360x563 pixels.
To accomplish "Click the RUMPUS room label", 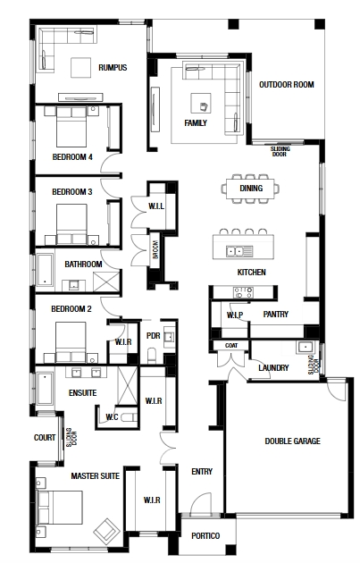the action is [x=113, y=68].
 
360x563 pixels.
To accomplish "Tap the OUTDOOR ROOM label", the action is [x=287, y=85].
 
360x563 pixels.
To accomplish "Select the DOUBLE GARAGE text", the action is [x=292, y=441].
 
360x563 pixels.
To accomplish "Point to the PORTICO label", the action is [x=205, y=535].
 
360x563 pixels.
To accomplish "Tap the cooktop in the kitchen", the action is [x=243, y=292].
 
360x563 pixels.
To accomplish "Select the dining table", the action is [x=250, y=189].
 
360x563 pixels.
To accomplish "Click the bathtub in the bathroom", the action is [x=45, y=270].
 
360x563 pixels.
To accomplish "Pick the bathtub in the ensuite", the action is [x=45, y=389].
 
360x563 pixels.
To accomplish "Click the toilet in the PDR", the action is [x=152, y=355].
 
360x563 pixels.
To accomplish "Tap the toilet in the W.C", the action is [x=129, y=417].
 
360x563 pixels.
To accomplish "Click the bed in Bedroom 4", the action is [x=71, y=126].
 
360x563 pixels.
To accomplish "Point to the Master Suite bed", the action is [x=60, y=508].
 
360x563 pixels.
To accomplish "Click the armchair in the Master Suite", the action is [x=106, y=530].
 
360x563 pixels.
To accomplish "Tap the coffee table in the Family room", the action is [x=201, y=103].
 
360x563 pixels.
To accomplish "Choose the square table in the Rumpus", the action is [x=80, y=67].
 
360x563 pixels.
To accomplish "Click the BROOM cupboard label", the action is [x=155, y=249].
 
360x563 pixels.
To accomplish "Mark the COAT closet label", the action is [x=231, y=346].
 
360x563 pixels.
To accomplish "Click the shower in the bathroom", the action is [x=106, y=281].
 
